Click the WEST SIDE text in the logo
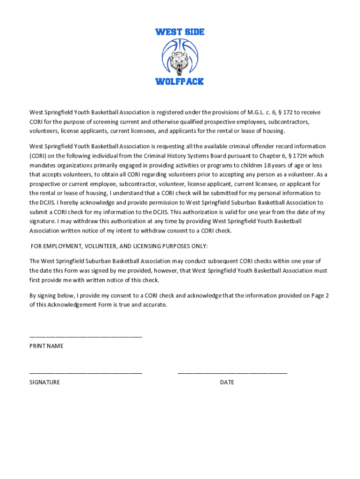click(x=180, y=32)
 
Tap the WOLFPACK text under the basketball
click(x=180, y=81)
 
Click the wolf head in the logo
click(x=179, y=61)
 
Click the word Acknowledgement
click(x=71, y=305)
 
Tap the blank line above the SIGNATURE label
click(x=86, y=373)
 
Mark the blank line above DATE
click(x=232, y=373)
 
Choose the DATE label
click(x=227, y=382)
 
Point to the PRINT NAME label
click(x=46, y=346)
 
